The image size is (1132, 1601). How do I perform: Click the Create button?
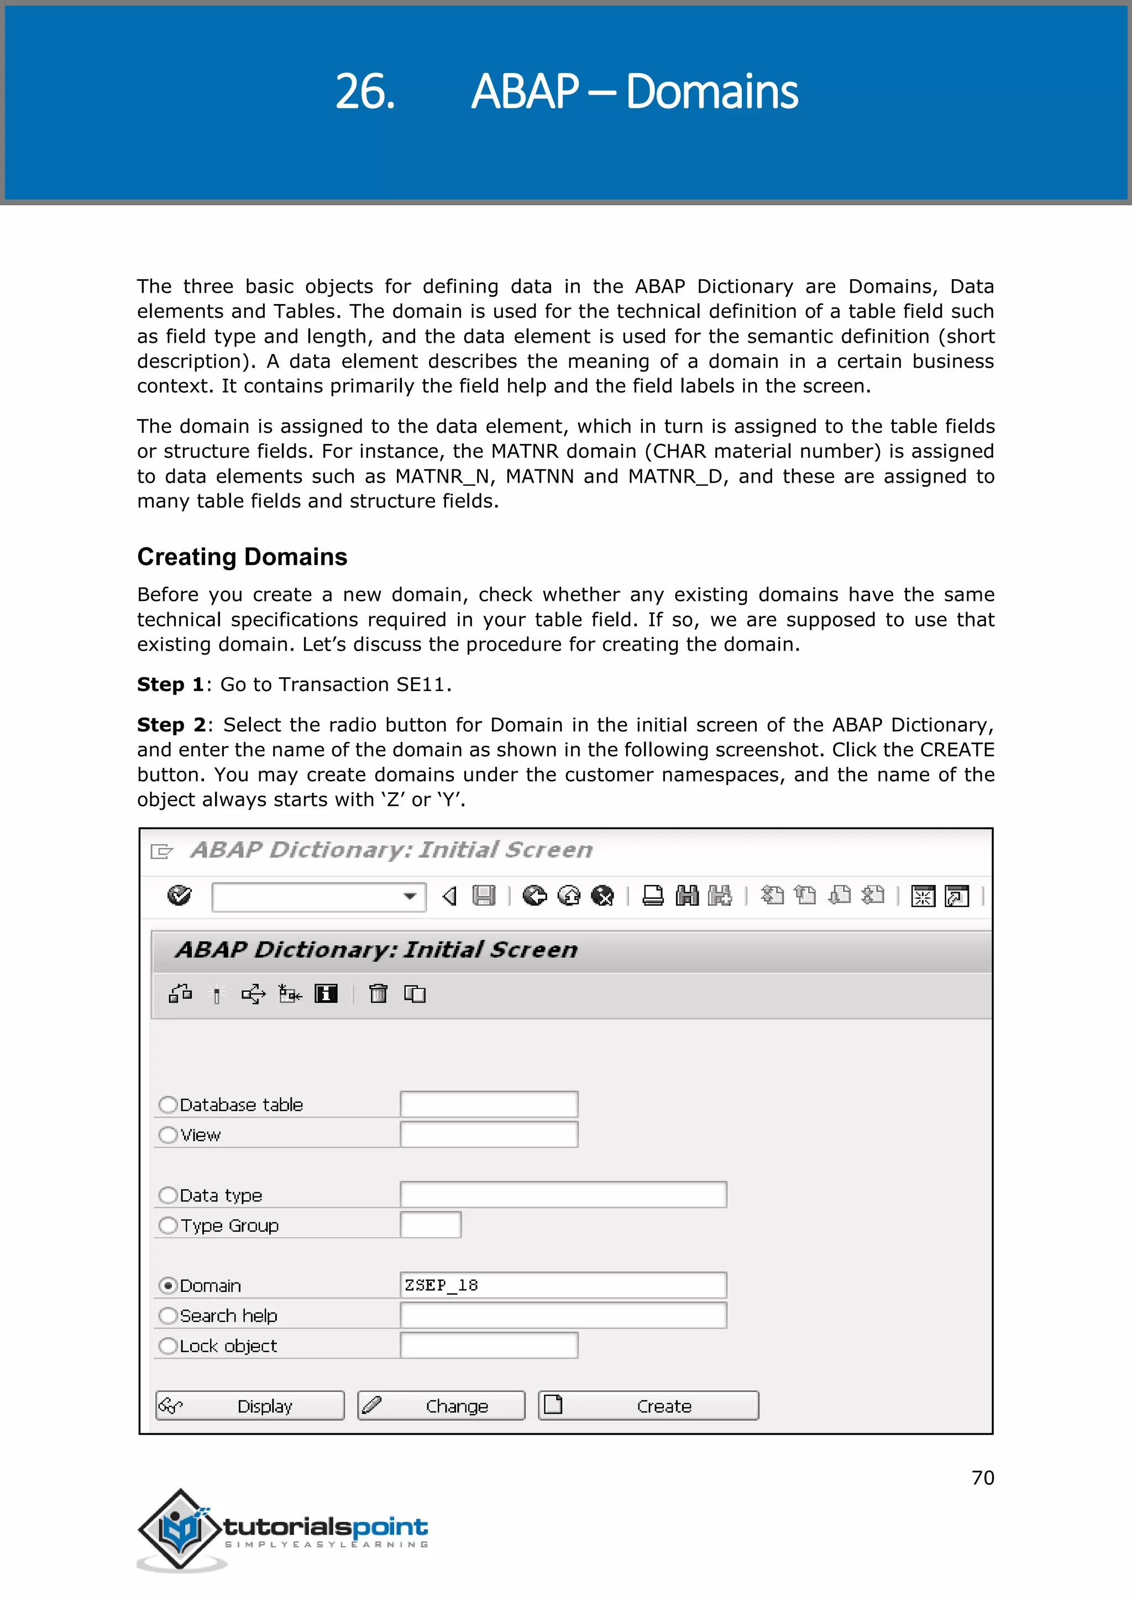point(648,1405)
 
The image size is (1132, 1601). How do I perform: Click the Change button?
point(441,1405)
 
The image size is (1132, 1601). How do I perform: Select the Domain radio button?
point(167,1285)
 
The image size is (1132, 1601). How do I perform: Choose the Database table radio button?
point(167,1105)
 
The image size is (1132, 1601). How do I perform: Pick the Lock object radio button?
point(167,1346)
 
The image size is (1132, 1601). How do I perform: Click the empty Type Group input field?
point(430,1225)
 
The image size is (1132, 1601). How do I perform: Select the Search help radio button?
point(167,1316)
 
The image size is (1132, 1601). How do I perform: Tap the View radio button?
point(167,1135)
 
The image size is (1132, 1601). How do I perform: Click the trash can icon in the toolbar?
point(379,993)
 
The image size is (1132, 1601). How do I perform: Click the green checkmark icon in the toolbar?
point(179,896)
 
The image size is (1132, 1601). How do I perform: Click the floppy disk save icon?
point(483,896)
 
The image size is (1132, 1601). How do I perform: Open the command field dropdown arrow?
point(411,896)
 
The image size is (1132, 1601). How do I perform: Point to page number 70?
point(982,1478)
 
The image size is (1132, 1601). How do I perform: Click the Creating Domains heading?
point(242,557)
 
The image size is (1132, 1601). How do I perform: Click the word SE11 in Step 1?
point(420,685)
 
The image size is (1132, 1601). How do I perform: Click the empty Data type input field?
point(563,1195)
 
